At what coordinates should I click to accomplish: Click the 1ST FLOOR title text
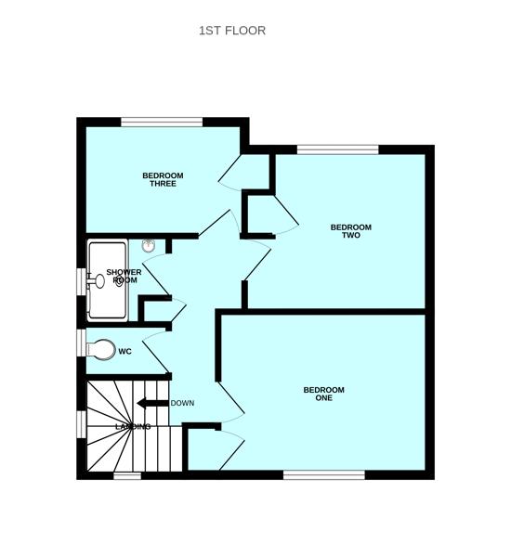tap(232, 31)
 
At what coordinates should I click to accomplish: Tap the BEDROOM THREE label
tap(163, 179)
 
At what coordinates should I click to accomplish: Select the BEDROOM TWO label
tap(351, 231)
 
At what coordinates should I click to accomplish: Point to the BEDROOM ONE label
tap(323, 394)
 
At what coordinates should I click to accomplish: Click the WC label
tap(124, 352)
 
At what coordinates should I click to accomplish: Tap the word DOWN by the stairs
tap(182, 403)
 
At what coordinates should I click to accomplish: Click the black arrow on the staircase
tap(152, 403)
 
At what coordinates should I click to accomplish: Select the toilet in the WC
tap(101, 350)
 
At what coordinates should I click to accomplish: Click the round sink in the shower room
tap(149, 245)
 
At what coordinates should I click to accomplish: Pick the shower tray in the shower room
tap(108, 280)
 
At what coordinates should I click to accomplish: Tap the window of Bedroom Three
tap(162, 123)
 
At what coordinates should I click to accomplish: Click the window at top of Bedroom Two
tap(338, 149)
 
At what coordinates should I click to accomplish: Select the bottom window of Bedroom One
tap(324, 475)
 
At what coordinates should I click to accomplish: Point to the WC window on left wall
tap(82, 343)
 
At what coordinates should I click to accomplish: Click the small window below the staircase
tap(127, 476)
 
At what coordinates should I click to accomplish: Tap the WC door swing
tap(156, 352)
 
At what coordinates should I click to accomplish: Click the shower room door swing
tap(156, 274)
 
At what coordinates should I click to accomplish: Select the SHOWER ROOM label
tap(124, 276)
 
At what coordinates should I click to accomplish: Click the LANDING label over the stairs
tap(133, 427)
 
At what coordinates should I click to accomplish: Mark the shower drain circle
tap(119, 282)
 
